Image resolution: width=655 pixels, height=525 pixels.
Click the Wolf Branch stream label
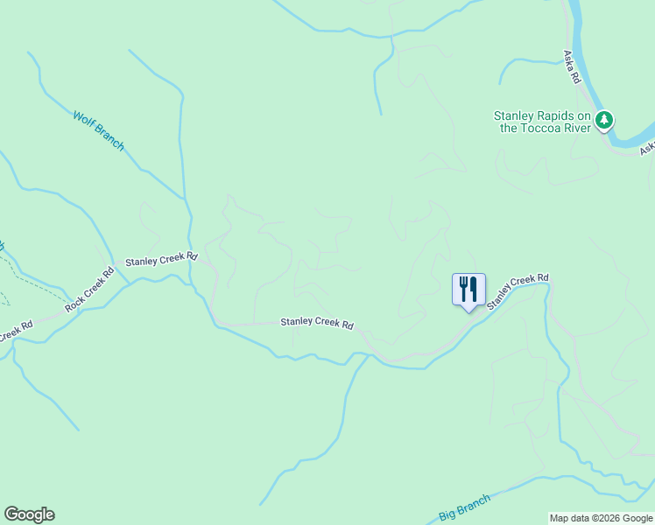(x=99, y=130)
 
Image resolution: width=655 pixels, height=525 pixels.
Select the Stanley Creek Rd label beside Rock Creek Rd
(x=161, y=261)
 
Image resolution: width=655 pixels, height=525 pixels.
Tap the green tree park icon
(x=603, y=121)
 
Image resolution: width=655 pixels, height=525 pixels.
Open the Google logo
(x=29, y=514)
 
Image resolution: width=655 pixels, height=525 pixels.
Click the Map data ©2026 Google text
(x=600, y=518)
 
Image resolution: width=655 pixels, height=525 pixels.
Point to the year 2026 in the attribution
(x=607, y=518)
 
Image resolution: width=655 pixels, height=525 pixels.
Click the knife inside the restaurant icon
(x=474, y=288)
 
